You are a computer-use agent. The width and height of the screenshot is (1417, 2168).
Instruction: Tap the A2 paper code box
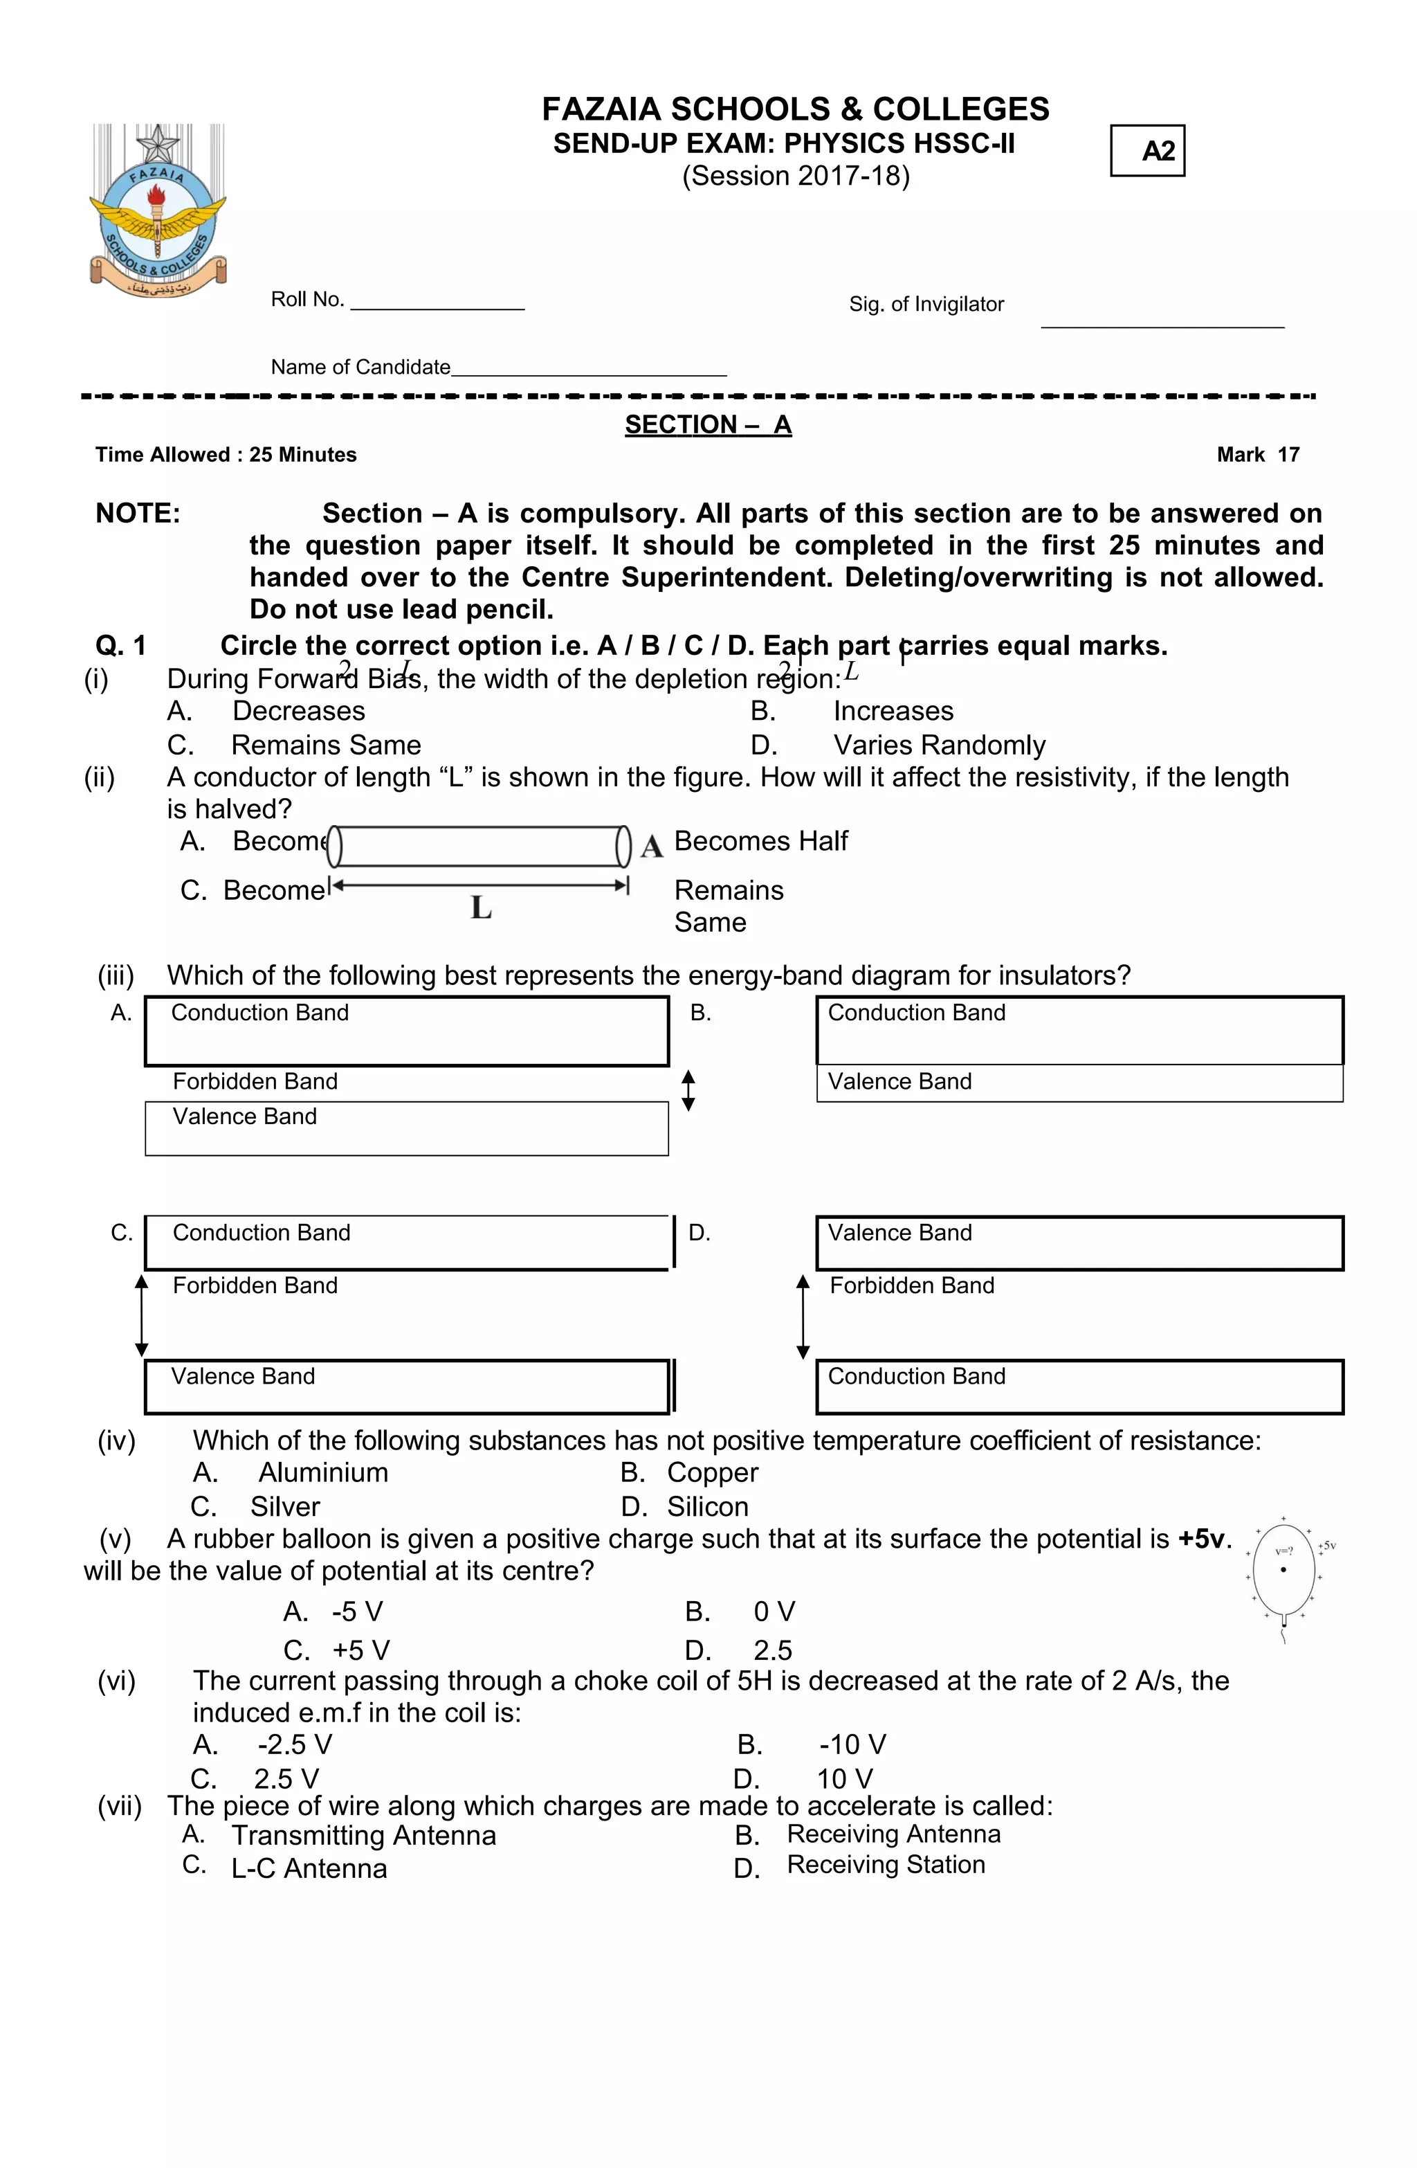(1146, 150)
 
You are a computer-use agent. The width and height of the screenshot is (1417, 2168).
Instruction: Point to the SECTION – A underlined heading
(708, 424)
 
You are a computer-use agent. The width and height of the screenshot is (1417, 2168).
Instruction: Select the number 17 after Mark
(1288, 455)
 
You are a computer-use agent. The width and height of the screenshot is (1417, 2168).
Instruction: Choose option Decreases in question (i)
(299, 710)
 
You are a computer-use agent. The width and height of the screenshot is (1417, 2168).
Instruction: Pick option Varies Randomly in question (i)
(938, 745)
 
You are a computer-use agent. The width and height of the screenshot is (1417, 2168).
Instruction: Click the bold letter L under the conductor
(481, 907)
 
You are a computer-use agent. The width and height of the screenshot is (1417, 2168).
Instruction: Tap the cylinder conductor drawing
(479, 847)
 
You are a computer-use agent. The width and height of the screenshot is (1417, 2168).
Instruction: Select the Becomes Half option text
(760, 841)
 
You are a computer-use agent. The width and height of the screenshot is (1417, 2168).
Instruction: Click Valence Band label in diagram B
(899, 1081)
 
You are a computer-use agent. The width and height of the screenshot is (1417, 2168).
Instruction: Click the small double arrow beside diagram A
(688, 1090)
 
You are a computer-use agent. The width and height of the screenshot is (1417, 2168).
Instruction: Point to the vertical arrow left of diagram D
(803, 1317)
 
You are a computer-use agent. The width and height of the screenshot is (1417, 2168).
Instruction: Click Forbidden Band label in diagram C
(255, 1285)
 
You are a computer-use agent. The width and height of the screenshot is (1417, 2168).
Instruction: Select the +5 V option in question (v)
(360, 1651)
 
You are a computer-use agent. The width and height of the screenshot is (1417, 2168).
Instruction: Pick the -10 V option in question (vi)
(852, 1744)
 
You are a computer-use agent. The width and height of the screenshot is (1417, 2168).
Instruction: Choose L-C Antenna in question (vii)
(309, 1868)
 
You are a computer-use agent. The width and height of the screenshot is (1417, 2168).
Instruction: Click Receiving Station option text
(885, 1865)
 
